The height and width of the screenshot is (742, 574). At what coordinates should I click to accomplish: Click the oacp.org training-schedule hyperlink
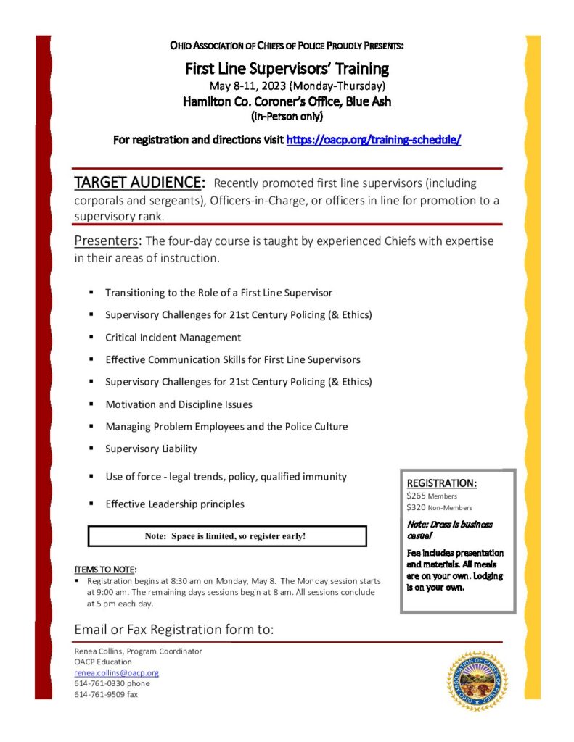pyautogui.click(x=373, y=140)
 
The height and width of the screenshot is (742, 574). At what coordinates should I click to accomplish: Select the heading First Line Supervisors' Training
pyautogui.click(x=287, y=70)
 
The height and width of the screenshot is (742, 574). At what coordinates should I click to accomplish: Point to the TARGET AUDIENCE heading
pyautogui.click(x=140, y=182)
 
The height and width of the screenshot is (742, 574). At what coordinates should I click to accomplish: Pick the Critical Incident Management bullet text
pyautogui.click(x=173, y=338)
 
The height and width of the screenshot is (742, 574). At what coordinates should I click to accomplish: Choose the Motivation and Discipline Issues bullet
pyautogui.click(x=179, y=404)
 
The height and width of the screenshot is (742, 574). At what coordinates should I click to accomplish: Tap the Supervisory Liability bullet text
pyautogui.click(x=151, y=449)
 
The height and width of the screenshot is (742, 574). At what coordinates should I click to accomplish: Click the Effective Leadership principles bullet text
pyautogui.click(x=175, y=504)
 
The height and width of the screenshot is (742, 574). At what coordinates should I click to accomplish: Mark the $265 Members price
pyautogui.click(x=432, y=496)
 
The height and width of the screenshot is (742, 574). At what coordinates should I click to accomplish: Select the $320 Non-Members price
pyautogui.click(x=439, y=507)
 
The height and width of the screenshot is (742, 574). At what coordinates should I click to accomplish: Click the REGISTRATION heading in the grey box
pyautogui.click(x=441, y=483)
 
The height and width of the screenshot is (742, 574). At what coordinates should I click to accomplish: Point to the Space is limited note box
pyautogui.click(x=226, y=536)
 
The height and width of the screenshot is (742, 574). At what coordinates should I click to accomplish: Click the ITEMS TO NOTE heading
pyautogui.click(x=105, y=569)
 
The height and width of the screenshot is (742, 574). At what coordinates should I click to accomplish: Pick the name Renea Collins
pyautogui.click(x=100, y=651)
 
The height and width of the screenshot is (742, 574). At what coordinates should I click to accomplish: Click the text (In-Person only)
pyautogui.click(x=287, y=116)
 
